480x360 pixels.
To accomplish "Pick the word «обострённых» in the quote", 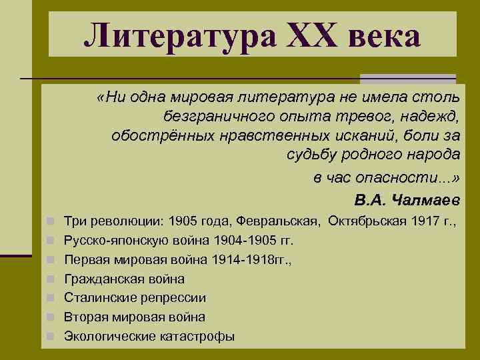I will tap(156, 136).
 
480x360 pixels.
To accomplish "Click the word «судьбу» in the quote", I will tap(307, 155).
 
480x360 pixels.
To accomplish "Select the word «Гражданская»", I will tap(97, 278).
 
